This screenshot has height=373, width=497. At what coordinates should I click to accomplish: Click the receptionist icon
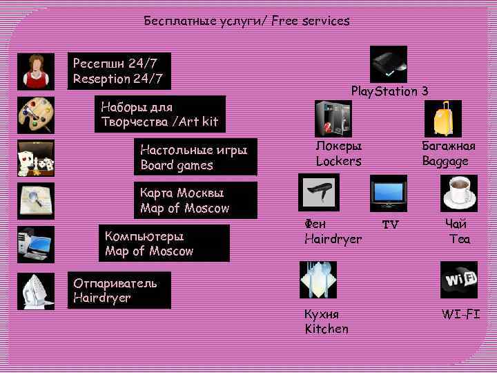pos(35,71)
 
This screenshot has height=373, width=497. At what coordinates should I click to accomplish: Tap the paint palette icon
pos(35,114)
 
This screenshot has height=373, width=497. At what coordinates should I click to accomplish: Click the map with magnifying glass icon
pos(35,201)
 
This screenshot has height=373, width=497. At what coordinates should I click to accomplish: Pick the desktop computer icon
pos(35,244)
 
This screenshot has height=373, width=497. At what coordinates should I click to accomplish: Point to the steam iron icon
pos(35,291)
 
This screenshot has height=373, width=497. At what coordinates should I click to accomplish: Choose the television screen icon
pos(389,192)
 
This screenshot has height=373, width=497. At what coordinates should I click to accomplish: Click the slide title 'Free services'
pos(311,21)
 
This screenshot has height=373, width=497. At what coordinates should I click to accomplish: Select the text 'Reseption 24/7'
pos(118,79)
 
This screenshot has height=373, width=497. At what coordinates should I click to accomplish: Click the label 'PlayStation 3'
pos(389,91)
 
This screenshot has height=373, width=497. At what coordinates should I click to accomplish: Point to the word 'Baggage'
pos(445,161)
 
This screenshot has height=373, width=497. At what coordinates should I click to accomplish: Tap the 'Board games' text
pos(177,165)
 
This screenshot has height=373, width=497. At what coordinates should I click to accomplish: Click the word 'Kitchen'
pos(327,329)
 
